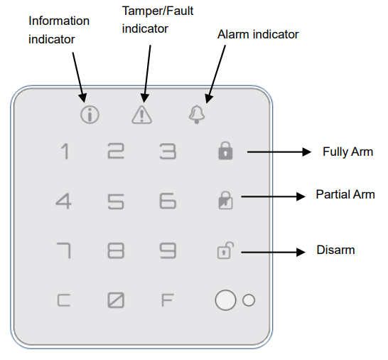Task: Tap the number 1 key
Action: (x=65, y=152)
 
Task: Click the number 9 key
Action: (x=167, y=251)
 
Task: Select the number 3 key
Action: (x=167, y=152)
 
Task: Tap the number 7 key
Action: (x=65, y=251)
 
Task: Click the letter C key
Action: (x=65, y=300)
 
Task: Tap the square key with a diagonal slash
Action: (x=115, y=300)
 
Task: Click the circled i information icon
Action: (x=89, y=114)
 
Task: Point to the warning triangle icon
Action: (x=141, y=114)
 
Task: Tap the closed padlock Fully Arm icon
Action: (x=225, y=152)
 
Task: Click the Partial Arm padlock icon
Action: (x=225, y=201)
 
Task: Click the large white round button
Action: (x=225, y=300)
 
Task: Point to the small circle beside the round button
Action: (x=248, y=300)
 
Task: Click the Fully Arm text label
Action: (x=347, y=152)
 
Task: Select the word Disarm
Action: (x=335, y=250)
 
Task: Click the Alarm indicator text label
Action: (x=257, y=34)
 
